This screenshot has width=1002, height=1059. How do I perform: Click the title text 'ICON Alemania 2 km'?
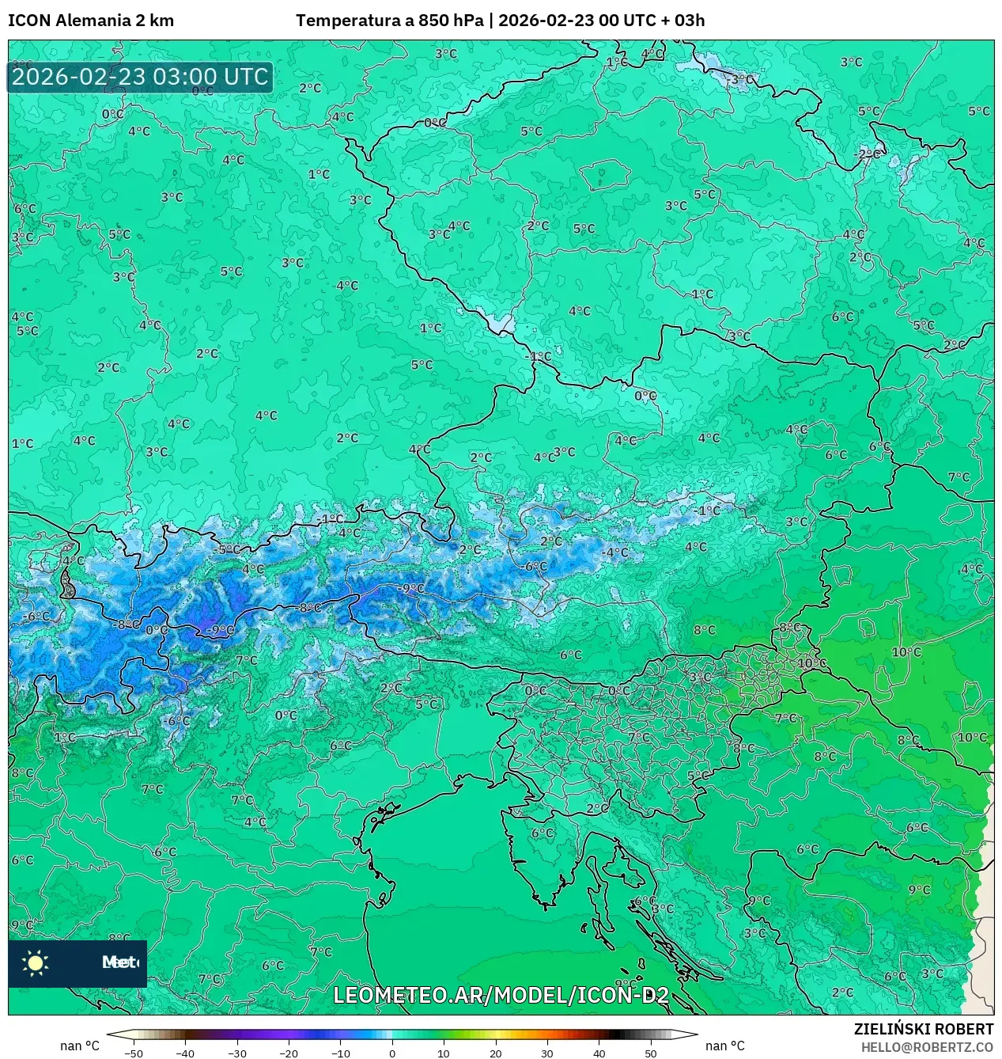pos(91,21)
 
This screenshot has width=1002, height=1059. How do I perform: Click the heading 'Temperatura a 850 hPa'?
pos(389,21)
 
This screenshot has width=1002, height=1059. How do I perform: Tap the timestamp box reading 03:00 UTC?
pos(140,78)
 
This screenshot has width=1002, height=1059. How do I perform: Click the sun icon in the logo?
pos(36,962)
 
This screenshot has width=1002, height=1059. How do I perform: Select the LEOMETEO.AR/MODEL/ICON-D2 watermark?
pos(501,995)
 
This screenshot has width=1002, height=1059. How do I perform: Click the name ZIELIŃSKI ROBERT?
pos(923,1029)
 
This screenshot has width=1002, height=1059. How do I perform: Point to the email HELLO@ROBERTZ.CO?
pos(927,1047)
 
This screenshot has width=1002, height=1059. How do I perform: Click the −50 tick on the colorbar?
pos(134,1053)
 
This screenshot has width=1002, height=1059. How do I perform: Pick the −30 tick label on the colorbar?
pos(236,1053)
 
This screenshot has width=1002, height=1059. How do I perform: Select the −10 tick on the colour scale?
pos(340,1053)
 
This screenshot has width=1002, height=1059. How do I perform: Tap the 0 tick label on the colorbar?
pos(392,1053)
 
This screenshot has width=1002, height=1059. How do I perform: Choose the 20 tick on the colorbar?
pos(496,1053)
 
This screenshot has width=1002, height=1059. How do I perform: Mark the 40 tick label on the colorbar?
pos(599,1053)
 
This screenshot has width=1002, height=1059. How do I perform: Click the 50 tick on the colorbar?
pos(651,1053)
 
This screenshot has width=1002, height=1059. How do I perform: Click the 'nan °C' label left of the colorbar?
pos(80,1046)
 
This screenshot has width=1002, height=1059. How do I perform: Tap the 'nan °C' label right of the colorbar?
pos(725,1046)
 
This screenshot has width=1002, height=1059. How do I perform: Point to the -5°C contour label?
pos(228,548)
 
